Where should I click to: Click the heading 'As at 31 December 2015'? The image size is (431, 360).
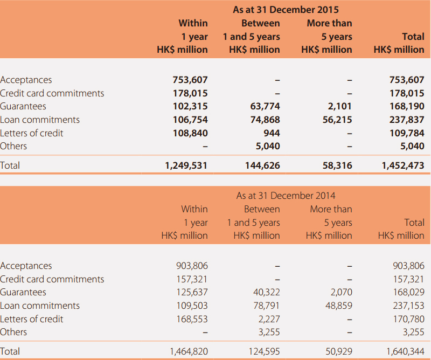click(x=286, y=10)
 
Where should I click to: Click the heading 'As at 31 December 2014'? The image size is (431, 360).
click(x=286, y=196)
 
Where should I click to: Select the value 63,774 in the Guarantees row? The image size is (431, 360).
click(x=265, y=106)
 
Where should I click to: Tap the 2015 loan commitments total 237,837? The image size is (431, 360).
click(x=407, y=120)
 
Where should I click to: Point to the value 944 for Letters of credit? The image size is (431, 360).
click(x=272, y=133)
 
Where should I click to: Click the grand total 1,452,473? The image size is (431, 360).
click(x=403, y=165)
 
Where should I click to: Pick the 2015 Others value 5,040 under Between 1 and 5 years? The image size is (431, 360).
click(x=268, y=146)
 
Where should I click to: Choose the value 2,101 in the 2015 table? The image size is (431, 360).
click(x=340, y=106)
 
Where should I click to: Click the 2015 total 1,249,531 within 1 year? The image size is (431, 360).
click(x=186, y=165)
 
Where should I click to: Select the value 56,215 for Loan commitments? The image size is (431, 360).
click(x=337, y=120)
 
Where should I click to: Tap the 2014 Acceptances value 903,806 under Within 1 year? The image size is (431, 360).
click(x=192, y=266)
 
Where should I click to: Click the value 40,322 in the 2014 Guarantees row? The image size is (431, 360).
click(x=266, y=292)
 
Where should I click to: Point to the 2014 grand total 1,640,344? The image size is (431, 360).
click(x=406, y=351)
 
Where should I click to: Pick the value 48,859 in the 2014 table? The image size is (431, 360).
click(x=339, y=306)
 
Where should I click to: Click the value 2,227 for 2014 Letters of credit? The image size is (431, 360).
click(x=269, y=319)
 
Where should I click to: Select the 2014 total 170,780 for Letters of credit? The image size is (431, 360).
click(x=409, y=319)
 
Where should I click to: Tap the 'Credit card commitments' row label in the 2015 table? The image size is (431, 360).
click(x=52, y=93)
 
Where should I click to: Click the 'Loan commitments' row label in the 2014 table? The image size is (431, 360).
click(x=40, y=306)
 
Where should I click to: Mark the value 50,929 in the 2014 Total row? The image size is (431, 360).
click(x=339, y=351)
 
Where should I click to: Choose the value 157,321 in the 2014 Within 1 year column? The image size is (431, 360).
click(x=192, y=279)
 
